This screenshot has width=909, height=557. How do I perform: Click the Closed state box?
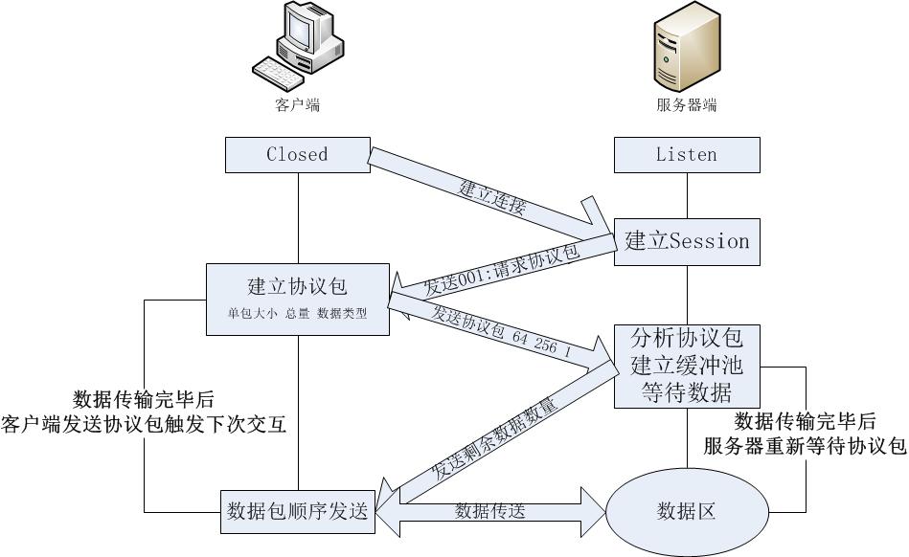tap(297, 155)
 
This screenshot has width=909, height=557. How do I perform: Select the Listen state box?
tap(686, 155)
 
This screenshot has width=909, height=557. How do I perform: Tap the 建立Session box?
tap(686, 240)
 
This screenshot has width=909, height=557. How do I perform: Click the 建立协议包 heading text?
tap(297, 286)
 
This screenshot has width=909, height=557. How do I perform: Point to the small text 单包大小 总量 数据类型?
tap(297, 313)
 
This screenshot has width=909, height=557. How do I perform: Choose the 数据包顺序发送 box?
tap(297, 511)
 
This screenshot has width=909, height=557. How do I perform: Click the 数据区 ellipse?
tap(686, 511)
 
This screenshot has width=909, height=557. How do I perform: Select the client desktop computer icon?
tap(297, 48)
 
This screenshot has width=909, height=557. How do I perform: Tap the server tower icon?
tap(686, 48)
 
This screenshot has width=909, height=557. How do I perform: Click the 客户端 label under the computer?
tap(297, 105)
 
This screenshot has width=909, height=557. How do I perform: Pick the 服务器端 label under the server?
tap(686, 105)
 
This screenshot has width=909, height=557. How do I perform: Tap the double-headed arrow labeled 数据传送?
tap(489, 511)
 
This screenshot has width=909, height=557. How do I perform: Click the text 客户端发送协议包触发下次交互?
tap(145, 423)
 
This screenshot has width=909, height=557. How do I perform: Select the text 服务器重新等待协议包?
tap(805, 446)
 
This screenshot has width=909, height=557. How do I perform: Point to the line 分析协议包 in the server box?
tap(686, 338)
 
